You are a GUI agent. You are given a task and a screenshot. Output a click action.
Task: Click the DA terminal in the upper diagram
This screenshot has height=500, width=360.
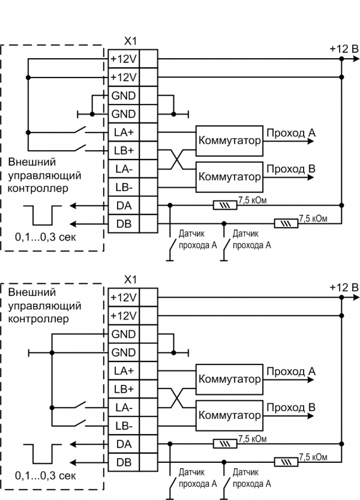point(123,205)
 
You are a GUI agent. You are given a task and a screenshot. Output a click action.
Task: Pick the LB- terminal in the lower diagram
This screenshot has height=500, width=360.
point(123,426)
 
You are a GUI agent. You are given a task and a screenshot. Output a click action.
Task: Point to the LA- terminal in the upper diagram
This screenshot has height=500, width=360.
point(123,169)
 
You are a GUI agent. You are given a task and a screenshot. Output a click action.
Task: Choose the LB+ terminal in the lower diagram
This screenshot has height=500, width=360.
point(123,388)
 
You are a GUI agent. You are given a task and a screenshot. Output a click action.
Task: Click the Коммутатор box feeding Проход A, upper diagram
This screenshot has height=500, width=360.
point(229,141)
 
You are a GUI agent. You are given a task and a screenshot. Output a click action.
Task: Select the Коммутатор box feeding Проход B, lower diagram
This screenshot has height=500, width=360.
point(229,415)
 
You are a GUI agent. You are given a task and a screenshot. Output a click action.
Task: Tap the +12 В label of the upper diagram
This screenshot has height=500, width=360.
point(343,49)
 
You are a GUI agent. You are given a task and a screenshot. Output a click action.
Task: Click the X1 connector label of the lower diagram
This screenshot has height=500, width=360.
point(130,280)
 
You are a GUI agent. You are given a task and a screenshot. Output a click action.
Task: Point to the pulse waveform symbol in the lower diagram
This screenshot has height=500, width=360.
point(43,453)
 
